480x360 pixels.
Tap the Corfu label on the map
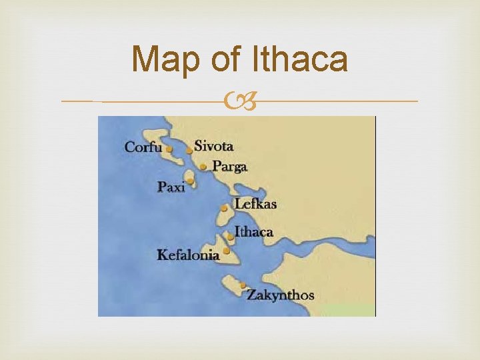click(x=143, y=147)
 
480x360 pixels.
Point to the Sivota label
click(x=213, y=146)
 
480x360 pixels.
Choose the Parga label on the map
click(x=230, y=166)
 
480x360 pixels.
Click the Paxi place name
click(x=171, y=187)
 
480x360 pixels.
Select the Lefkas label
click(x=255, y=204)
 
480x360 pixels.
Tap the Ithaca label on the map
click(x=254, y=232)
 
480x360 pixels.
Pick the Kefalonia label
click(x=188, y=254)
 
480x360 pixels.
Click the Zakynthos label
click(x=280, y=294)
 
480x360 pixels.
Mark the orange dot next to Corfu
click(x=169, y=149)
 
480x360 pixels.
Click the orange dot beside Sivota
click(x=190, y=151)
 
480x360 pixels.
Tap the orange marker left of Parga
click(x=203, y=167)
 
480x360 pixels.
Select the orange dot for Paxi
click(x=190, y=180)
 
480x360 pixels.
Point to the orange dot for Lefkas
click(x=224, y=209)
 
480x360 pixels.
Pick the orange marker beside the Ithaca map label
click(x=231, y=236)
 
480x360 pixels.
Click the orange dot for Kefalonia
click(x=227, y=251)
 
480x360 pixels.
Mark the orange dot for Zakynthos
click(x=243, y=285)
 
